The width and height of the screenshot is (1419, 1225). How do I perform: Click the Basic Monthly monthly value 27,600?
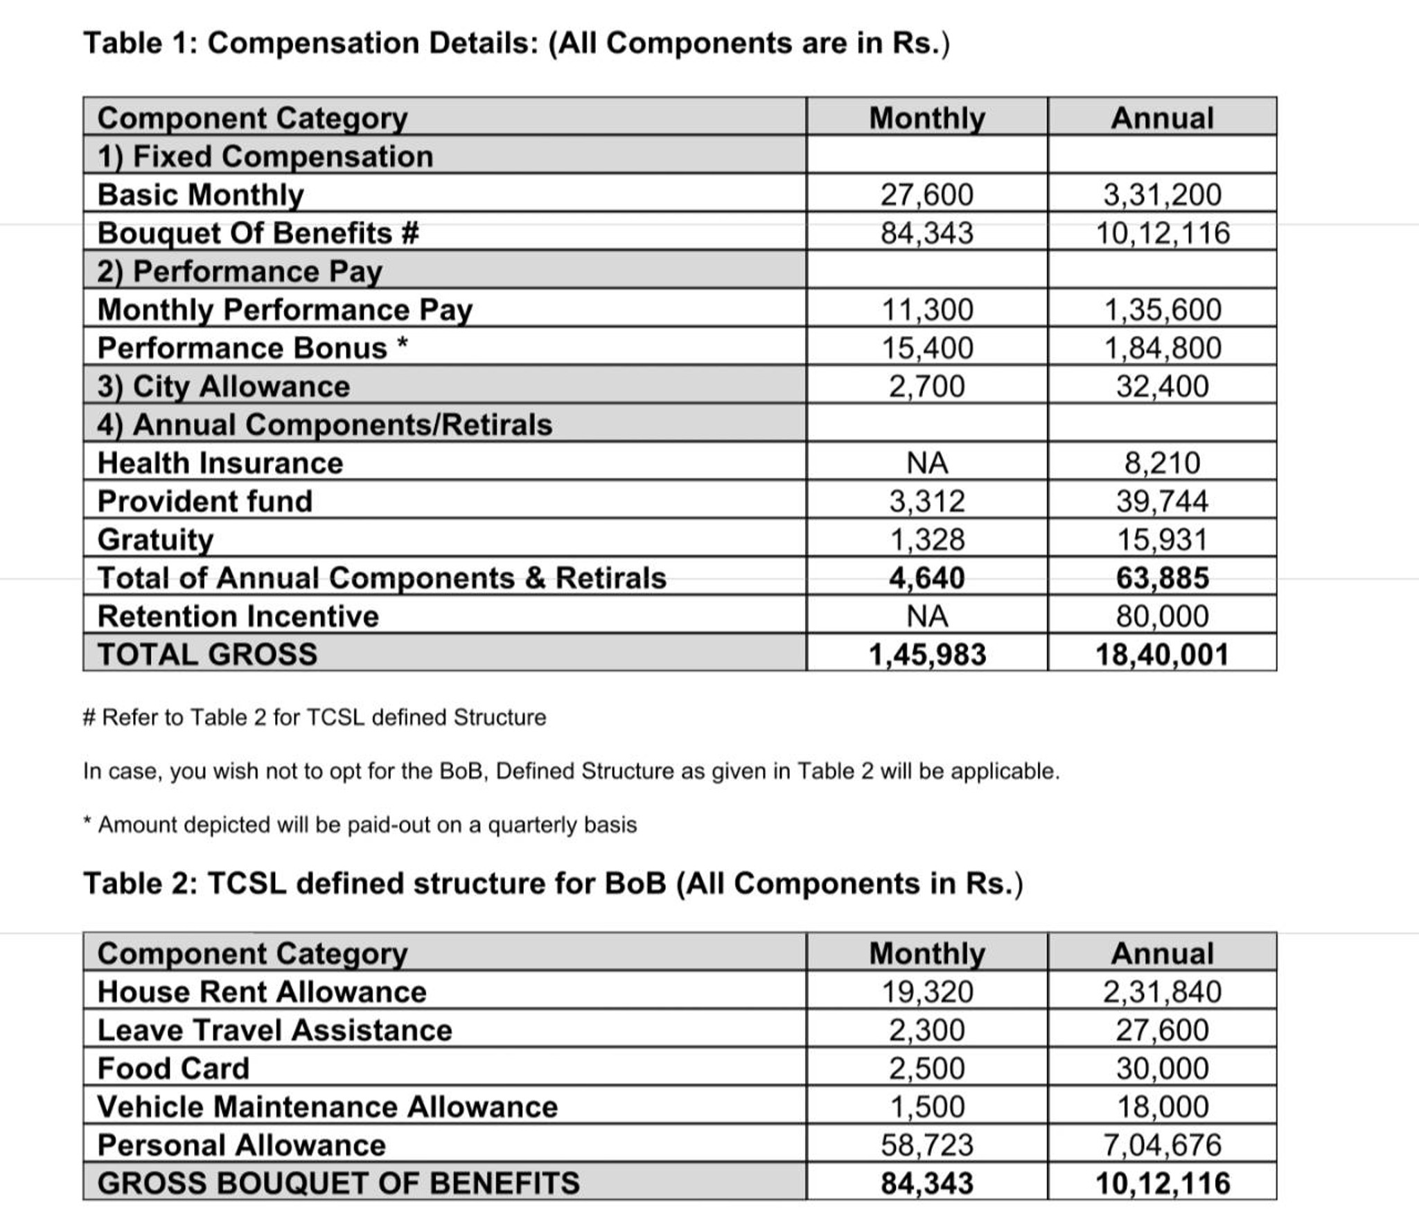point(926,195)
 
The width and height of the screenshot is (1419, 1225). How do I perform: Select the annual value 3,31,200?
point(1162,195)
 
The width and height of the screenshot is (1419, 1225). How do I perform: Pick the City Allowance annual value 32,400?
point(1162,386)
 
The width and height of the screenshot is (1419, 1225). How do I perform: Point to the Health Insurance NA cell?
point(926,463)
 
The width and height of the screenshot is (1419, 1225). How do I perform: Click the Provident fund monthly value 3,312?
point(926,501)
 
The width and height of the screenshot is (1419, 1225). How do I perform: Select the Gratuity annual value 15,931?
point(1162,539)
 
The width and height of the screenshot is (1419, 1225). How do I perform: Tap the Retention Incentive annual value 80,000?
point(1162,616)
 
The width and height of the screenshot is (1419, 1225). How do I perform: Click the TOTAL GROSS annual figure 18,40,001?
point(1162,654)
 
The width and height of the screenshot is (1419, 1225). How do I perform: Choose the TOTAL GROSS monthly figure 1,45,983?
point(926,654)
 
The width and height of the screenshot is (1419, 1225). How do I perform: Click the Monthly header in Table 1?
point(926,118)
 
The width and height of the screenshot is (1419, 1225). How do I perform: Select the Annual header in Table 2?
point(1162,953)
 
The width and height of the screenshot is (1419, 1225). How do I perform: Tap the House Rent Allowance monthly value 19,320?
point(926,992)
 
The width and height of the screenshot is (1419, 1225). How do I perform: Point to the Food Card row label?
point(173,1068)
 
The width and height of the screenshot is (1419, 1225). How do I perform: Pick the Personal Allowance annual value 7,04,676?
point(1162,1145)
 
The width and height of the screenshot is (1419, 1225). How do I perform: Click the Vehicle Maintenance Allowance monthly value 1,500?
point(926,1107)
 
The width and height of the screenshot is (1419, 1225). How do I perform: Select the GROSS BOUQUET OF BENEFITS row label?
point(338,1183)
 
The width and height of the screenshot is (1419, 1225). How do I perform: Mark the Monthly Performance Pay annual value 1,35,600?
point(1162,310)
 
